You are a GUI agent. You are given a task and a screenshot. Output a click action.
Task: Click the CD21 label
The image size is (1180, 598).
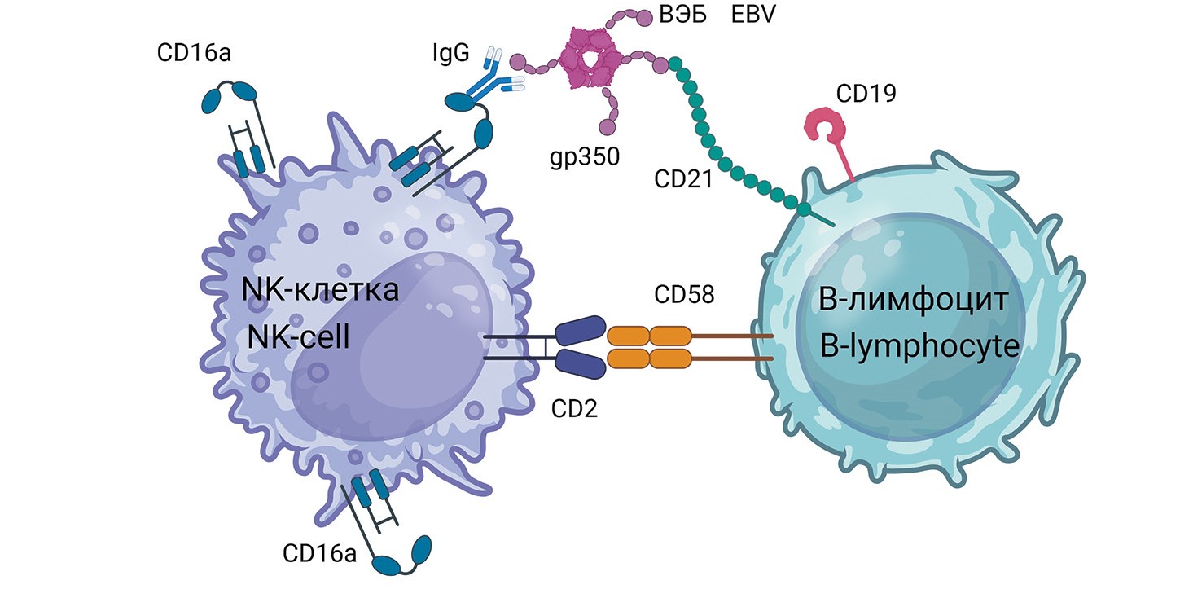point(683,178)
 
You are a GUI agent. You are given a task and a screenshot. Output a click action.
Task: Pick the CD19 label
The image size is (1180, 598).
point(866,95)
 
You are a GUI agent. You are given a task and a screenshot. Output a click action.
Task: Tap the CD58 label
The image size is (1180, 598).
point(683,294)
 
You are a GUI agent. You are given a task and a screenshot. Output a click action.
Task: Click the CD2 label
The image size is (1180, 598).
point(575,407)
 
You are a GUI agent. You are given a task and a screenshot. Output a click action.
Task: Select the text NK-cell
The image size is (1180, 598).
point(299,336)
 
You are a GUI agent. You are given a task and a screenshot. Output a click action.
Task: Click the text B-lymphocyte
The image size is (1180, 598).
point(920,346)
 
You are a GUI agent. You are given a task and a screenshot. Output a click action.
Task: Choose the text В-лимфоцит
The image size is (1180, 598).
point(915,302)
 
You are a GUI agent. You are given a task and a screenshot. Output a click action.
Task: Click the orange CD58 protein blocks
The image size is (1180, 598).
point(649,347)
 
